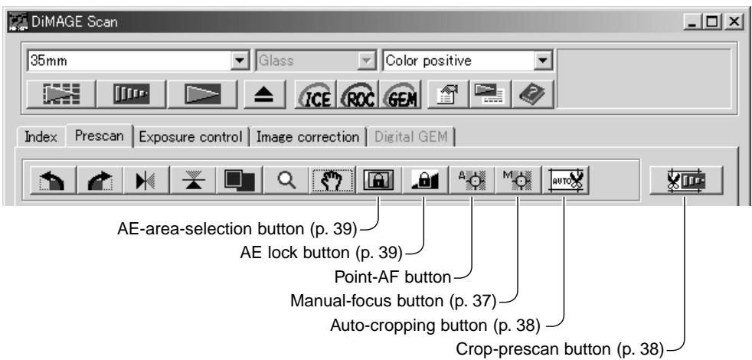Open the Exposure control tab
coord(191,137)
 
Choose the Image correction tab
coord(307,137)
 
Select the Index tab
coord(41,137)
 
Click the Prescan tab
coord(100,136)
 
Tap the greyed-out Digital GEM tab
coord(410,137)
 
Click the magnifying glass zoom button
coord(286,181)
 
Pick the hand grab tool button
coord(332,181)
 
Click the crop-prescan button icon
coord(686,181)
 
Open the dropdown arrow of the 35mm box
coord(238,61)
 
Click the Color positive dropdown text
coord(428,61)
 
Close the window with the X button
coord(734,21)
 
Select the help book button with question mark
coord(532,94)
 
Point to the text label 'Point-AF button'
coord(392,277)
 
